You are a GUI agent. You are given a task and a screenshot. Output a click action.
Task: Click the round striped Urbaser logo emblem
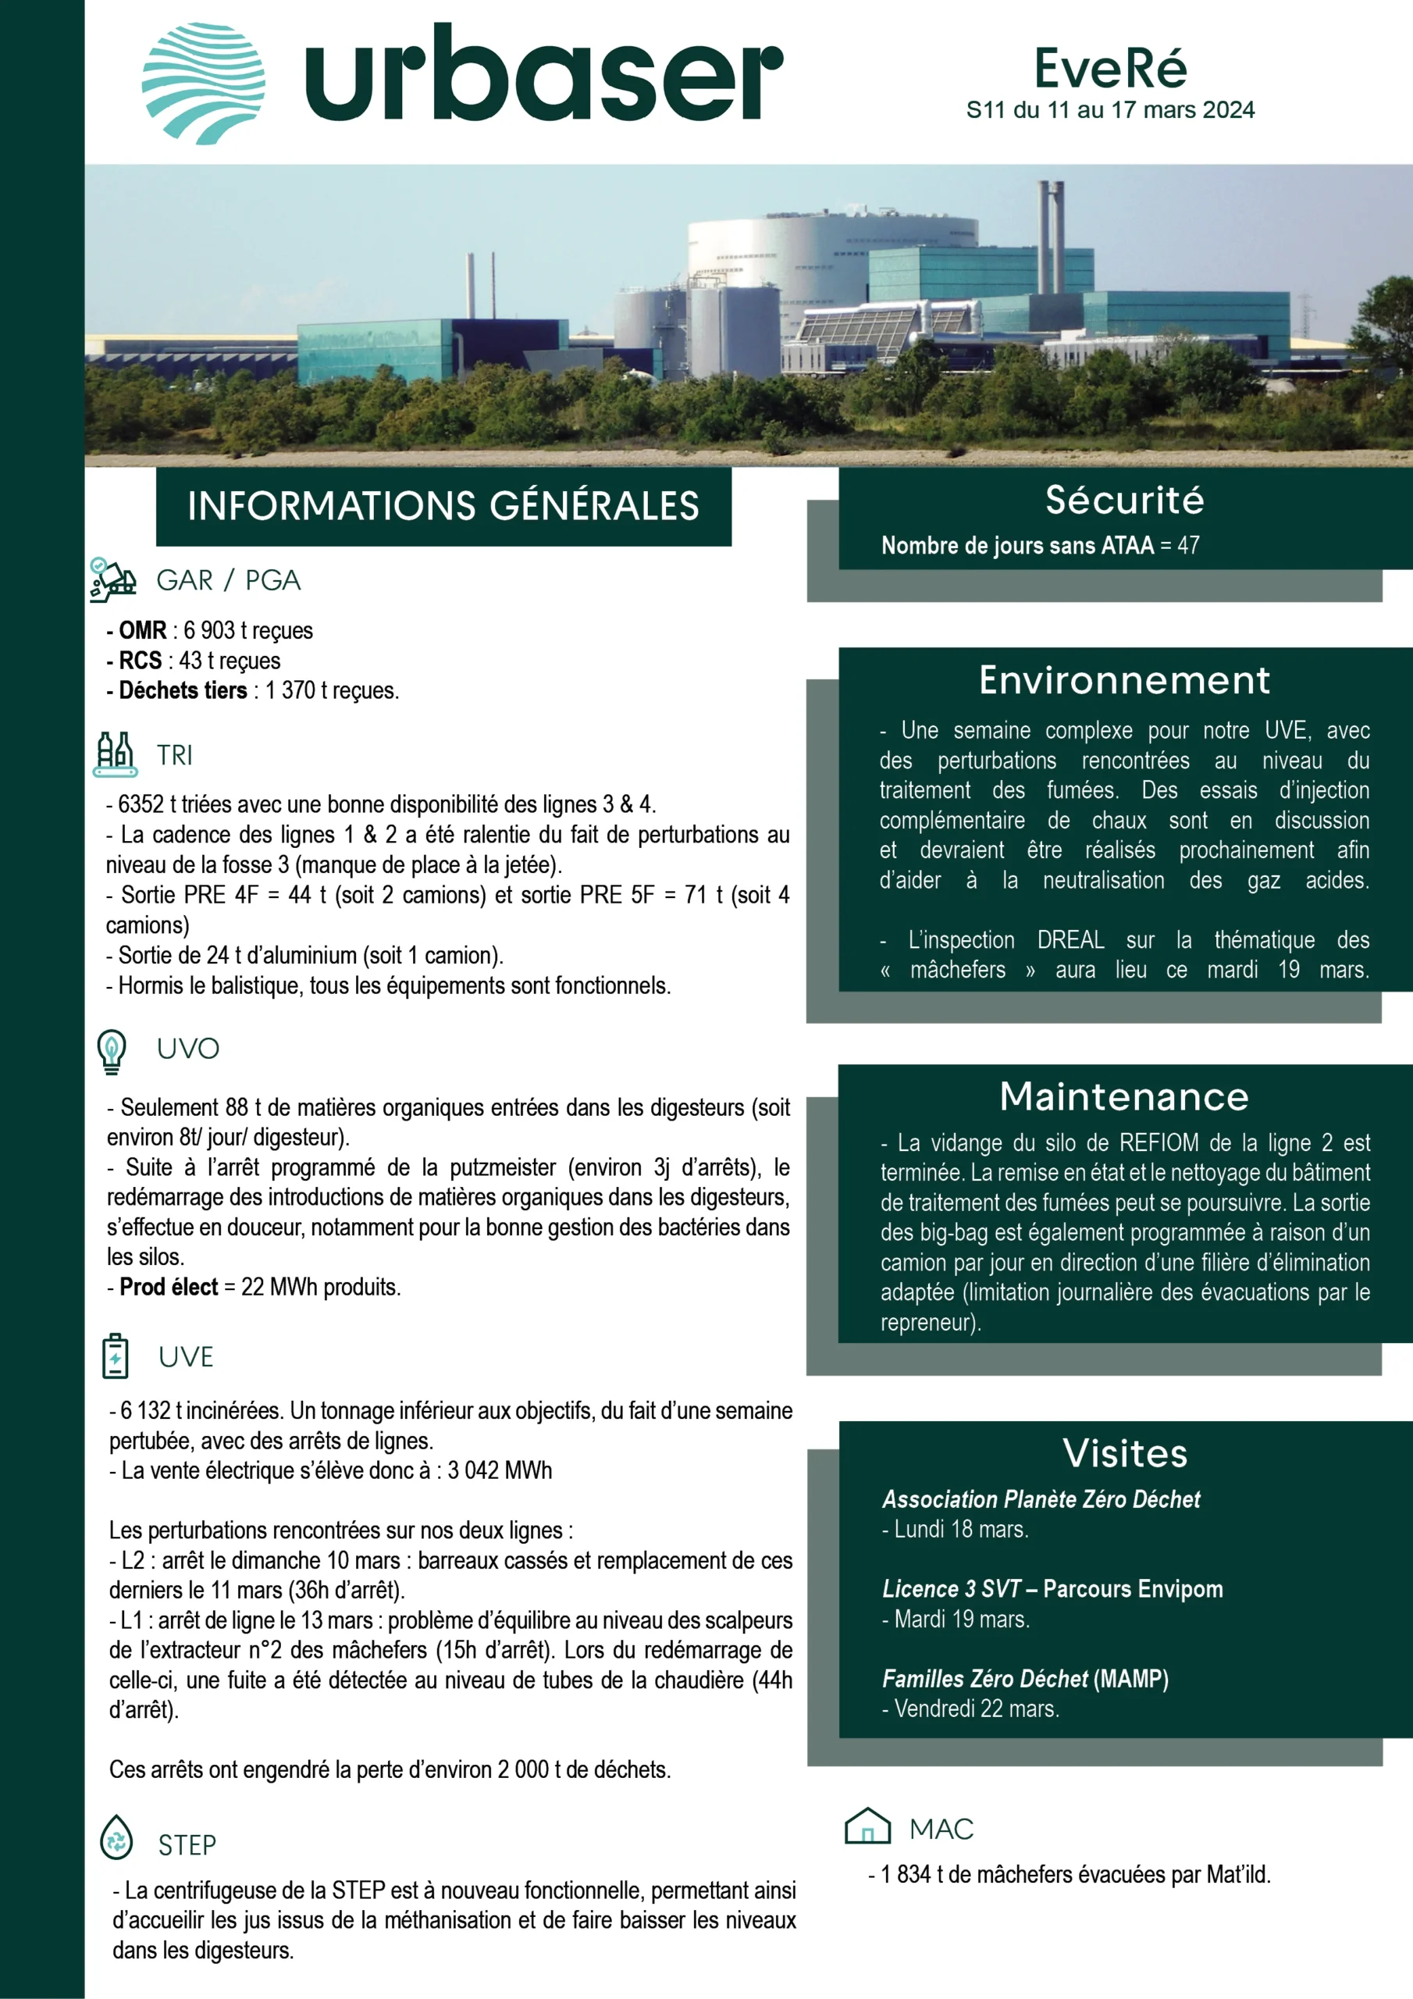click(x=204, y=83)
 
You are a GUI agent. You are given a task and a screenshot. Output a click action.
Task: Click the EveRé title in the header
click(x=1110, y=68)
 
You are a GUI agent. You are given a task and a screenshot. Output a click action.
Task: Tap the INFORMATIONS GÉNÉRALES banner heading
click(x=443, y=506)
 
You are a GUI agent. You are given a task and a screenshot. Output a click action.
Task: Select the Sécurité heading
click(x=1124, y=500)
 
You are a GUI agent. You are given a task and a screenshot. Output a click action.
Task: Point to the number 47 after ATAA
click(x=1188, y=546)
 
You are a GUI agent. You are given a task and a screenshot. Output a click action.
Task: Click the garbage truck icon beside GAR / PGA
click(x=113, y=580)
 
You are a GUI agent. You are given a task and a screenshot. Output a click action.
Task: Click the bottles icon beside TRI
click(x=115, y=754)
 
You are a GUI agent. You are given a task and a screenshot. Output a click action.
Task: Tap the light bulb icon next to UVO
click(x=112, y=1050)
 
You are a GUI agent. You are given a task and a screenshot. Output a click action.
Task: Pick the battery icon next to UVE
click(x=115, y=1356)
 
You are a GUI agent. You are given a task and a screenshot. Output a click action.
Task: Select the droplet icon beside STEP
click(x=116, y=1838)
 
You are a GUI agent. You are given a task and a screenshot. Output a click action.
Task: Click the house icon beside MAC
click(x=867, y=1826)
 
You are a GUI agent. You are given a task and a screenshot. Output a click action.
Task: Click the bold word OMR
click(x=142, y=630)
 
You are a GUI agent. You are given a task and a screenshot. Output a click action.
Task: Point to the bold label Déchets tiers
click(x=183, y=690)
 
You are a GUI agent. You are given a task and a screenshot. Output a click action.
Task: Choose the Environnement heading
click(x=1124, y=680)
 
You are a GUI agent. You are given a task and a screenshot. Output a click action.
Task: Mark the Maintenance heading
click(x=1124, y=1096)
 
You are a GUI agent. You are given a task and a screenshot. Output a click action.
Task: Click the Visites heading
click(x=1125, y=1453)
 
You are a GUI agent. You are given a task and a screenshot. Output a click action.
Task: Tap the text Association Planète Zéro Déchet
click(x=1041, y=1499)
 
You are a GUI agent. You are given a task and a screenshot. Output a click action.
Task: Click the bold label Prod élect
click(x=169, y=1287)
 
